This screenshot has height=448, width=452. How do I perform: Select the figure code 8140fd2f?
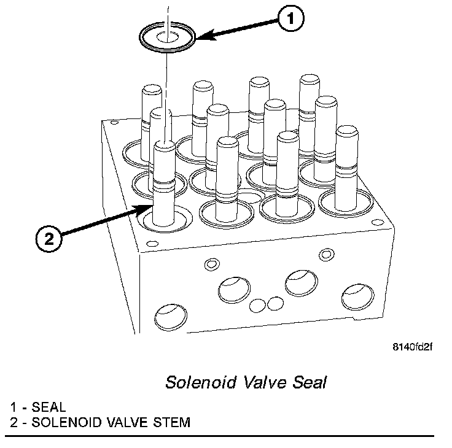tap(412, 347)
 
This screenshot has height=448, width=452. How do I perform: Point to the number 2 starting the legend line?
tap(13, 422)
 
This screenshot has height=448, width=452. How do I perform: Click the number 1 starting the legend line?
tap(13, 407)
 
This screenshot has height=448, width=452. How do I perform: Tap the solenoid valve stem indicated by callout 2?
tap(165, 184)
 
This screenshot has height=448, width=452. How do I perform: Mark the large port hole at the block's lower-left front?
tap(168, 317)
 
